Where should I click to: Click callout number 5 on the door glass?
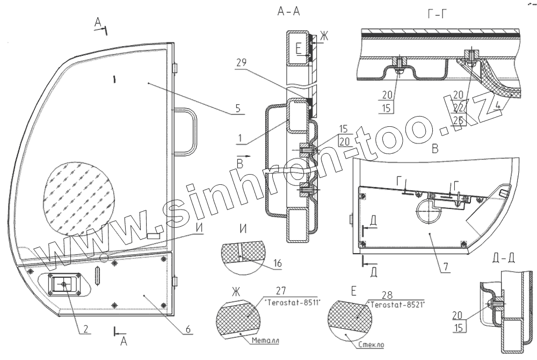click(237, 107)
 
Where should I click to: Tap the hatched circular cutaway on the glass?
click(81, 199)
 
